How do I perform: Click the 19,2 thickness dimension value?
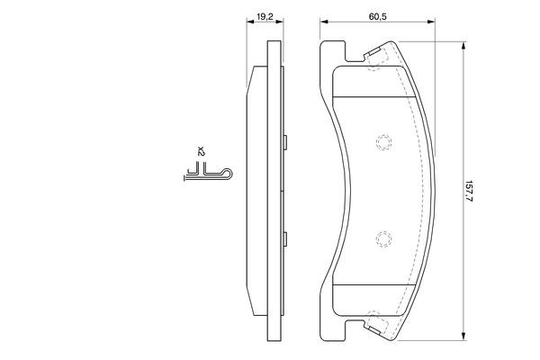[265, 16]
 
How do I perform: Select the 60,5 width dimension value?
[377, 16]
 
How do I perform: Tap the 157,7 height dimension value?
[468, 190]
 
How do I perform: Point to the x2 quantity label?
[201, 151]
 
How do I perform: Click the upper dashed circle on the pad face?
[383, 142]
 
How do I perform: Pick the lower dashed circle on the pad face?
[383, 239]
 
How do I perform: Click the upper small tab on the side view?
[285, 142]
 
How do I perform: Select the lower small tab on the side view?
[285, 239]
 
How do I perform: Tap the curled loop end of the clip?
[228, 174]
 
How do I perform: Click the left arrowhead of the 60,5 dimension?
[323, 22]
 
